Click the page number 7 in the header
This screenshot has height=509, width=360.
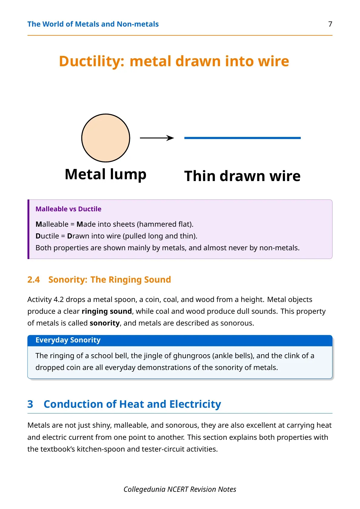point(330,24)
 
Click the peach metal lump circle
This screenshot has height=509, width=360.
point(106,138)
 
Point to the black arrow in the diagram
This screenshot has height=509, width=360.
point(157,138)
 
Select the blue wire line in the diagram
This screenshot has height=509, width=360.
point(242,138)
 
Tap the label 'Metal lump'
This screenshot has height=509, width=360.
point(106,174)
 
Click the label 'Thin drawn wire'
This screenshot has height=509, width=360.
point(242,176)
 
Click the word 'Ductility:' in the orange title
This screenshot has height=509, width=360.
point(92,61)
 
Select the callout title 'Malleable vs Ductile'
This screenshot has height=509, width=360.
point(68,209)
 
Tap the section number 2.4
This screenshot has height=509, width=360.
point(34,280)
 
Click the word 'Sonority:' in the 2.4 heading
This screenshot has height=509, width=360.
point(68,280)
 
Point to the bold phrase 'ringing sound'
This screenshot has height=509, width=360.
point(107,311)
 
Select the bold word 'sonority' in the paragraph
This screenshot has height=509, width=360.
point(105,323)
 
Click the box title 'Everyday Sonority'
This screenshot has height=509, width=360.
point(68,340)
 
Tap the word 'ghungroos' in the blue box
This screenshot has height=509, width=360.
point(192,356)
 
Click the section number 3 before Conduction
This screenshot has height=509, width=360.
point(30,404)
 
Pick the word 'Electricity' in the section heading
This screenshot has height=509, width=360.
point(195,404)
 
